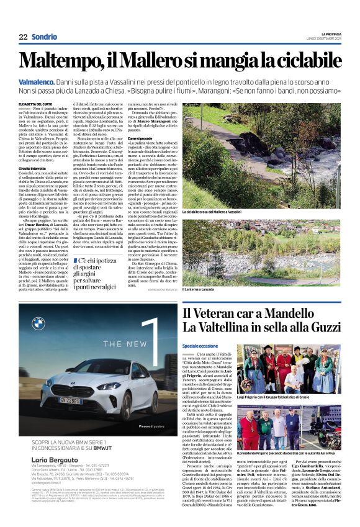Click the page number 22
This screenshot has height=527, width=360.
point(23,37)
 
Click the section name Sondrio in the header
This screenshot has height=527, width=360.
point(44,37)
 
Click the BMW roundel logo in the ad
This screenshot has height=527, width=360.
point(38,323)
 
